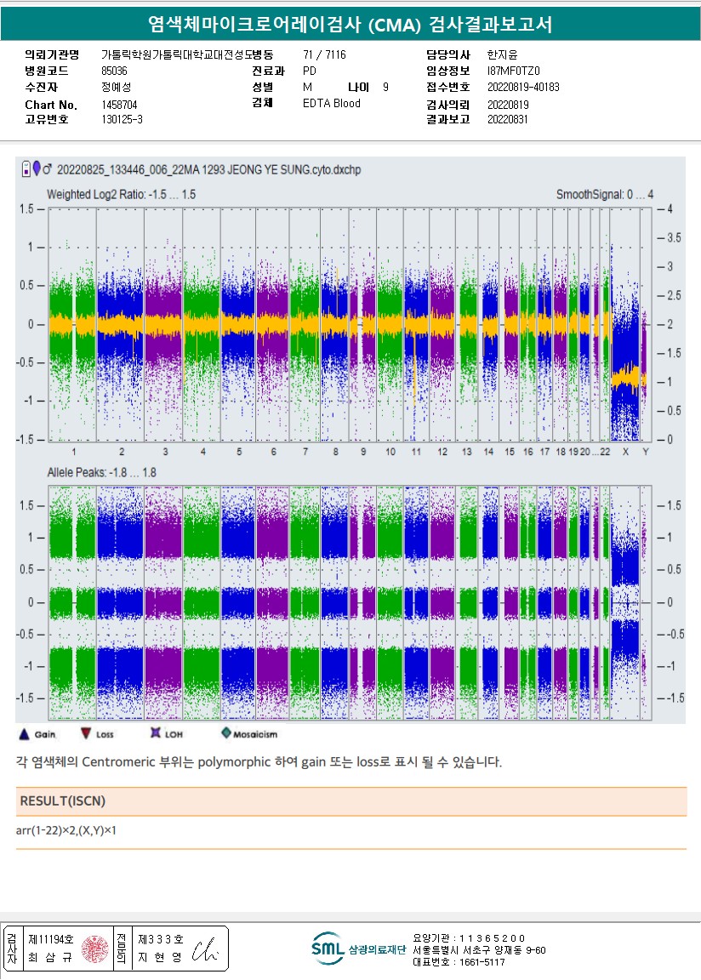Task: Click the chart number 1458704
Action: (x=119, y=104)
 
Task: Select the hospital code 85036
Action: (x=114, y=71)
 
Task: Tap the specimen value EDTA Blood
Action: (x=332, y=104)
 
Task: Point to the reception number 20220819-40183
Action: (x=523, y=87)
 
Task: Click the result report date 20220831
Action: (x=508, y=120)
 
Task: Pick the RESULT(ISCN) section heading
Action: (x=63, y=801)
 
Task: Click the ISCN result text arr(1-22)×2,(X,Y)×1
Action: (x=66, y=829)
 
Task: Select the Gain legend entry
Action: (x=37, y=733)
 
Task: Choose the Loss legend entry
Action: (x=96, y=733)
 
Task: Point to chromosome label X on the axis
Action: (x=625, y=451)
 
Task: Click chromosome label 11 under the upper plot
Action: (x=416, y=451)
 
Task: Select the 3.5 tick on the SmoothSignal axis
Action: (x=674, y=237)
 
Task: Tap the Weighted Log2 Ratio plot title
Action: (x=121, y=195)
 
